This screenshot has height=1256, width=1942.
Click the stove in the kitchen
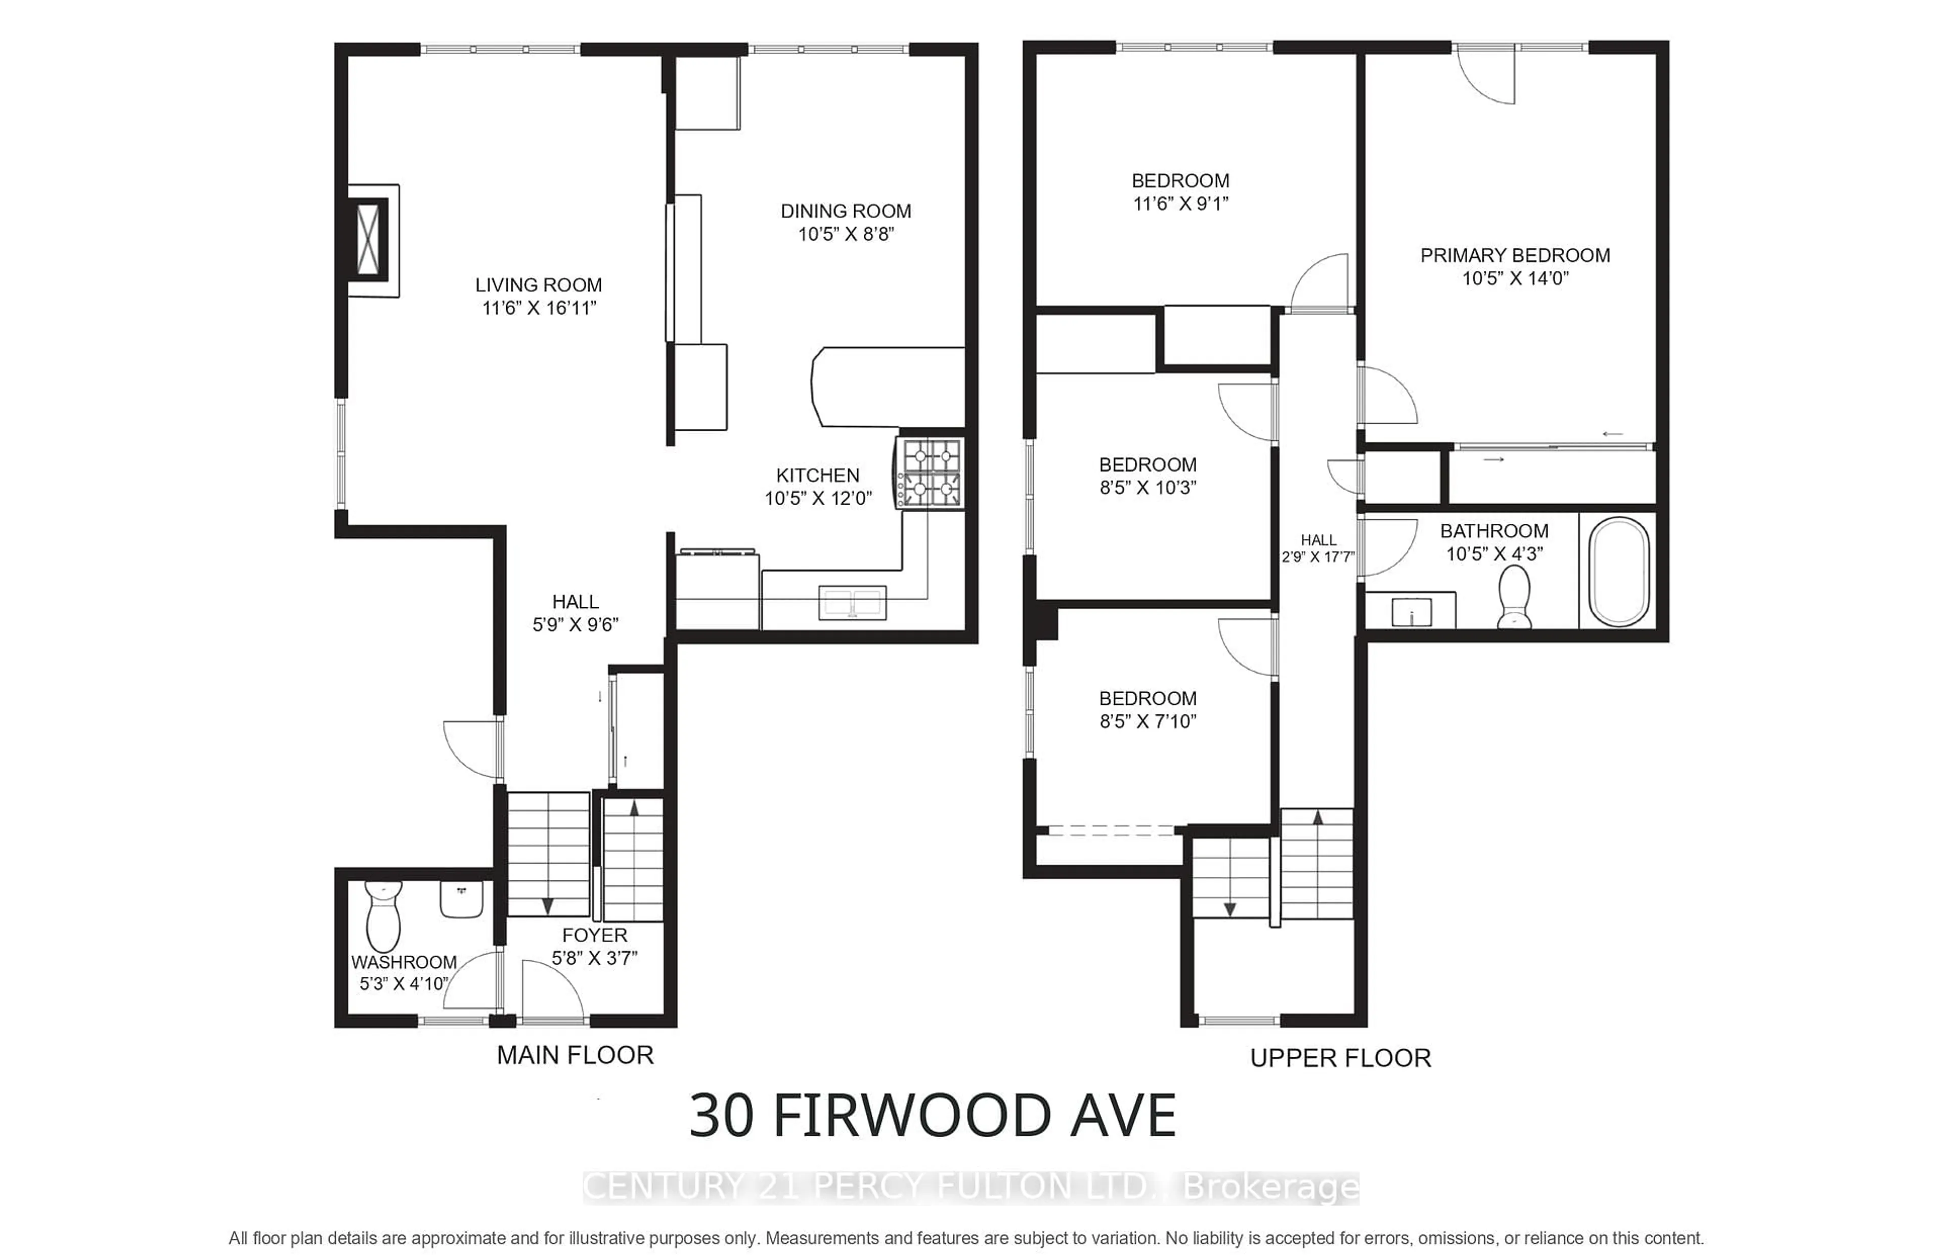[x=930, y=474]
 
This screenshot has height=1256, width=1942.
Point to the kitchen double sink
[x=852, y=603]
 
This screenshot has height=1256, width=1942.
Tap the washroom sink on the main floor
[x=462, y=899]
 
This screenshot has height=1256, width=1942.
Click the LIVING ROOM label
[x=538, y=285]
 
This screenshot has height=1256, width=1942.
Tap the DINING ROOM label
[x=846, y=211]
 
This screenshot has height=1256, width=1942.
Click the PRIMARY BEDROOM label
[x=1515, y=255]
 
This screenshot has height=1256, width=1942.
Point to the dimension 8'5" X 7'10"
[x=1147, y=721]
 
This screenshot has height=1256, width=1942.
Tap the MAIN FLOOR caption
[x=575, y=1055]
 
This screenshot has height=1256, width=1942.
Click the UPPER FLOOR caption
[x=1340, y=1058]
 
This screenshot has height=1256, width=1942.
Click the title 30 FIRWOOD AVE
[x=932, y=1116]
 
